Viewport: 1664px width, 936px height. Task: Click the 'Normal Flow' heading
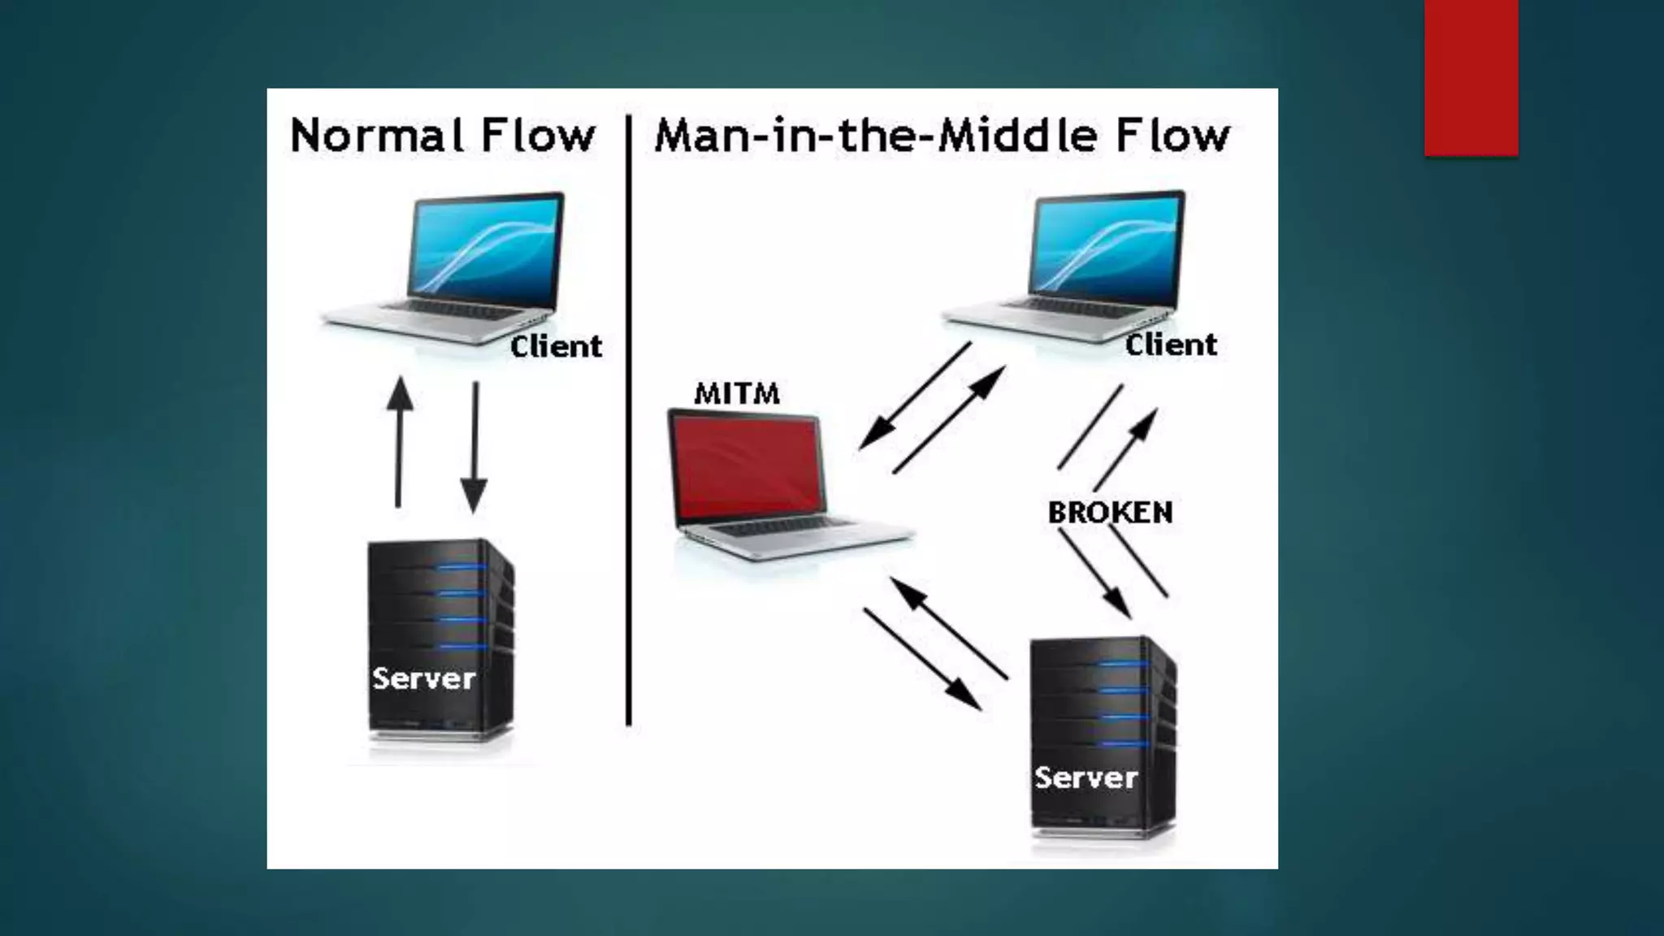click(x=443, y=136)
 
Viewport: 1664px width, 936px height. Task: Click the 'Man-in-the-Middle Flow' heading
click(x=942, y=136)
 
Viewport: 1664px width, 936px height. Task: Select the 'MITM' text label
click(x=737, y=394)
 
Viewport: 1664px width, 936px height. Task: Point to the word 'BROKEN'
click(x=1110, y=513)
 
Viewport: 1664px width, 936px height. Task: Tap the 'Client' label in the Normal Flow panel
click(x=557, y=347)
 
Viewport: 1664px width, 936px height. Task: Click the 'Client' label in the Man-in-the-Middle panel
click(x=1171, y=344)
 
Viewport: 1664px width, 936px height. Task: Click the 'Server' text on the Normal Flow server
click(x=423, y=678)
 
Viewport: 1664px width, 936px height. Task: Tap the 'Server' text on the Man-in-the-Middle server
click(x=1086, y=778)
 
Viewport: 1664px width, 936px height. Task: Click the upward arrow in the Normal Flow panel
click(x=399, y=443)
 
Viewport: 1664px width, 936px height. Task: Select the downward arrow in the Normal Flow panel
click(x=474, y=447)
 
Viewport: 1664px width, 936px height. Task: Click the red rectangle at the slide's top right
click(x=1471, y=77)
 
